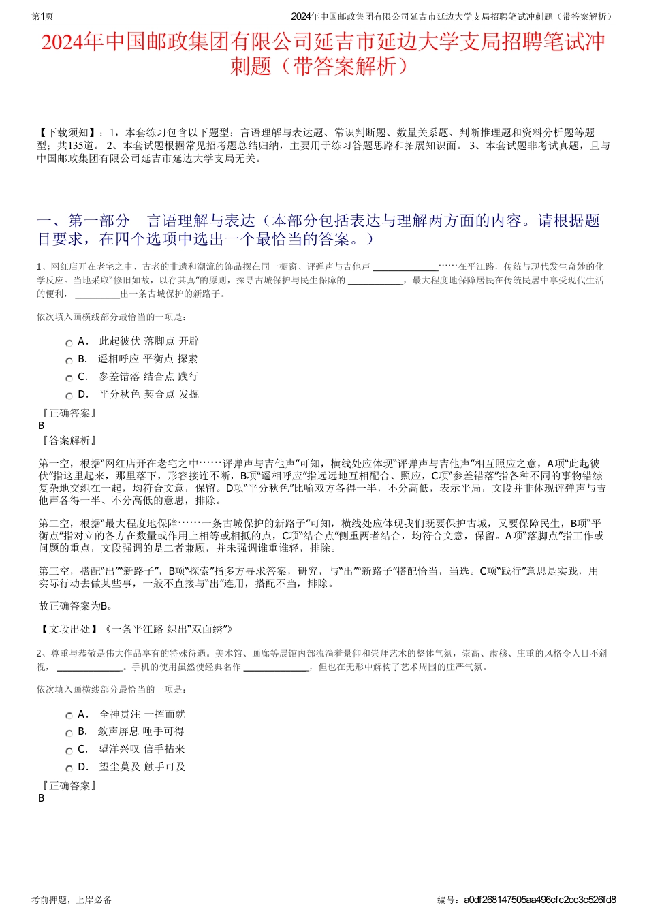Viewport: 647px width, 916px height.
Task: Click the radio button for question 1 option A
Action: point(69,343)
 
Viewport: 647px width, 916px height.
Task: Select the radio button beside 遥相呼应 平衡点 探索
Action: point(69,361)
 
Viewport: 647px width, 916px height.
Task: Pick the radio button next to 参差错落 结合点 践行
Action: point(69,379)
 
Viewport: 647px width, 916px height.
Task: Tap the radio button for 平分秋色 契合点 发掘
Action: point(69,396)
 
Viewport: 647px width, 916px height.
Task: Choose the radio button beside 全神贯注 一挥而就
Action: point(69,716)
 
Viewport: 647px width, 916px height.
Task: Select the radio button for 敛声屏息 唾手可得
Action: point(69,733)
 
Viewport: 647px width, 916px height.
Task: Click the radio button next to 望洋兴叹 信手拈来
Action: point(69,751)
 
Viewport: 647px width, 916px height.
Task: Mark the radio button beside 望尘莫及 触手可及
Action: point(69,769)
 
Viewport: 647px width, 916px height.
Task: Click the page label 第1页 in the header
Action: point(42,16)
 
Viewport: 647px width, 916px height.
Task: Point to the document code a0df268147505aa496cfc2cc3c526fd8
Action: point(539,900)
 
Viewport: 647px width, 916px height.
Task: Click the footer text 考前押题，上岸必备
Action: point(72,900)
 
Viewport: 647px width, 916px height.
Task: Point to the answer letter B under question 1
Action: point(42,426)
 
